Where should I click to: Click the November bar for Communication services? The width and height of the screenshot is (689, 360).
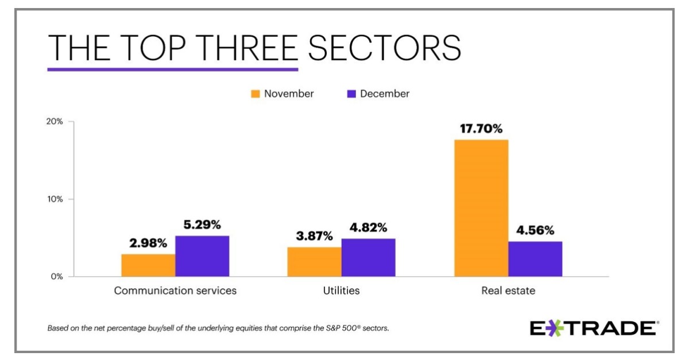click(x=148, y=265)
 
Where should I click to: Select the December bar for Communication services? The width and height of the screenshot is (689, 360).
click(x=202, y=256)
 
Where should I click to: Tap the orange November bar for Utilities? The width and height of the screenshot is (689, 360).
click(x=314, y=262)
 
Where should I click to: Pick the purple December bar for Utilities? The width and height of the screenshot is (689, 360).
click(x=368, y=258)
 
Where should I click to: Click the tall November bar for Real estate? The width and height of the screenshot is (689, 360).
click(x=481, y=208)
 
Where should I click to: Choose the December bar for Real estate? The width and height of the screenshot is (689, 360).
click(x=535, y=259)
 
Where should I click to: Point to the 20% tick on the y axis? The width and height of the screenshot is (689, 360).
click(x=56, y=122)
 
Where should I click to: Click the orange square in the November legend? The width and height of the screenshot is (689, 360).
click(x=256, y=94)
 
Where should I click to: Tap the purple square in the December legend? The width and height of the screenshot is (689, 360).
click(x=351, y=94)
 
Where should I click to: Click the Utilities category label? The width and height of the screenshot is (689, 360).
click(x=341, y=291)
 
